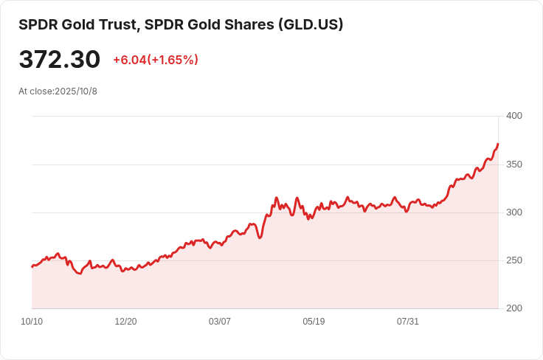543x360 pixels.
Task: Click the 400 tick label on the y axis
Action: pyautogui.click(x=514, y=116)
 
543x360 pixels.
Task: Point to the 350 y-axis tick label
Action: pyautogui.click(x=514, y=165)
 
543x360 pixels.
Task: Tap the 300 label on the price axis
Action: pyautogui.click(x=514, y=212)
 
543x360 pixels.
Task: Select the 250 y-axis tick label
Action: pyautogui.click(x=514, y=260)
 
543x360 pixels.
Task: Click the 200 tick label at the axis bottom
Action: pyautogui.click(x=514, y=308)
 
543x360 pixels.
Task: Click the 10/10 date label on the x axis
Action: pyautogui.click(x=32, y=322)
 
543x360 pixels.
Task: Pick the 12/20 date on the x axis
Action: pyautogui.click(x=125, y=322)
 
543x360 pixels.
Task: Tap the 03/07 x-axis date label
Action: pyautogui.click(x=220, y=322)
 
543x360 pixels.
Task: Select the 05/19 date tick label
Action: pyautogui.click(x=314, y=322)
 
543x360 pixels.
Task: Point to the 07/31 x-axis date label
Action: pyautogui.click(x=408, y=322)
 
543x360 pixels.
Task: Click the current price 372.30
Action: pyautogui.click(x=60, y=60)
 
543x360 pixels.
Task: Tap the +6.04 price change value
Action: pyautogui.click(x=129, y=60)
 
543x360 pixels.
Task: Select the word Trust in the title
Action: pyautogui.click(x=116, y=24)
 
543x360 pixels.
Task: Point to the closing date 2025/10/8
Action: pyautogui.click(x=76, y=91)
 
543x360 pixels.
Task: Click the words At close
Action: pyautogui.click(x=35, y=91)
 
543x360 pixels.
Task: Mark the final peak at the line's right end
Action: pyautogui.click(x=498, y=144)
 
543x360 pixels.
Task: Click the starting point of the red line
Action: pyautogui.click(x=32, y=266)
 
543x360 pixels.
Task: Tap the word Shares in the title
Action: pyautogui.click(x=249, y=24)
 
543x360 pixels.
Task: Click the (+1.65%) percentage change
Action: pyautogui.click(x=173, y=60)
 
